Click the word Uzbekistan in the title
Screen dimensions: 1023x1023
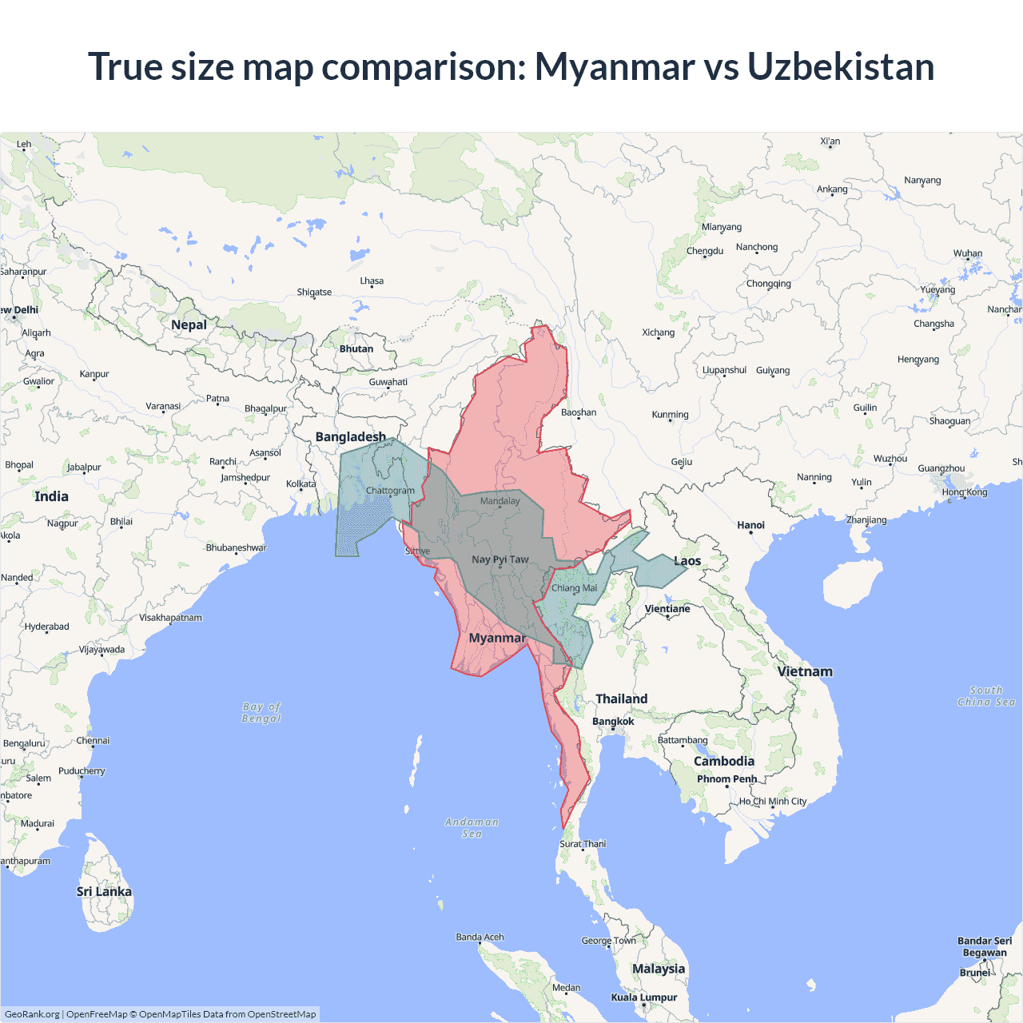(x=840, y=66)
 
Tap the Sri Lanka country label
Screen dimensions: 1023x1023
(x=104, y=891)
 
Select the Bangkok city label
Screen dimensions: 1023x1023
(x=613, y=721)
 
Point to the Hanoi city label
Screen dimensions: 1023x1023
(x=750, y=525)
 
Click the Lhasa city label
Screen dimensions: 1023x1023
(x=372, y=281)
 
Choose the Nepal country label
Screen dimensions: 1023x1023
(x=189, y=324)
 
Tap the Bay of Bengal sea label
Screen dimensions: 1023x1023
(x=262, y=712)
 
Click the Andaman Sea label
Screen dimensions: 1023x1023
(x=472, y=827)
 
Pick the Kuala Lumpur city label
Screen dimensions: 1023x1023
(x=643, y=997)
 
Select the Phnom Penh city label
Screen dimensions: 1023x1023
(x=726, y=779)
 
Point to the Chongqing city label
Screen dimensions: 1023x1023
(x=768, y=284)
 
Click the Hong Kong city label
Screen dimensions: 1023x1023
(x=964, y=492)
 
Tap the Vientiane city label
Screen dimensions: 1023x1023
(x=667, y=609)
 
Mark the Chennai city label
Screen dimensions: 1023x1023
(x=93, y=741)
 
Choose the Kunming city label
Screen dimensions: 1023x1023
(x=670, y=415)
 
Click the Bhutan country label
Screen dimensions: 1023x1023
(x=356, y=349)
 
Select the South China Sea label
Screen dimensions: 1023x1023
(x=986, y=696)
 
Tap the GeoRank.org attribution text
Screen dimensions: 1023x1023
(x=32, y=1014)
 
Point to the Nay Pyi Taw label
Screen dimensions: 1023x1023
(x=500, y=559)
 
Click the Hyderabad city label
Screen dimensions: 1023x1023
(x=46, y=627)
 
